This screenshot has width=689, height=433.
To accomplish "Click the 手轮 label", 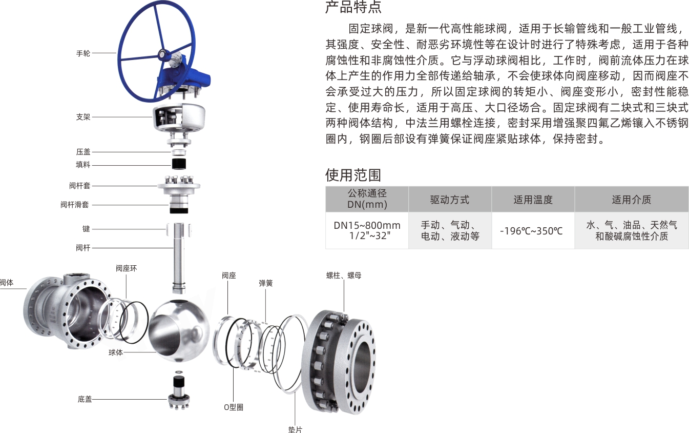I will [x=83, y=53].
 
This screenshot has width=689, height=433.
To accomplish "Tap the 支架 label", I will [x=83, y=117].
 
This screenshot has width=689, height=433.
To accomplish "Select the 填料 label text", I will [x=83, y=165].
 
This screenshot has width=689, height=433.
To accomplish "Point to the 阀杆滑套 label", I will [x=75, y=205].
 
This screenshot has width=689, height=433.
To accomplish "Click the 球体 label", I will [x=116, y=352].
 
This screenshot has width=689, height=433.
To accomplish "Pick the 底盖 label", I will [x=85, y=399].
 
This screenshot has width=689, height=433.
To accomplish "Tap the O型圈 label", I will [x=234, y=407].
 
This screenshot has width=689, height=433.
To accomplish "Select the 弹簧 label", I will [x=265, y=283].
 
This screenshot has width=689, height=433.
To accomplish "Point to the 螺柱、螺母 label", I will [x=344, y=275].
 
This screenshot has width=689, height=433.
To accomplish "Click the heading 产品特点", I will [x=353, y=8].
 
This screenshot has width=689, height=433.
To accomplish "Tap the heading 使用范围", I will [x=353, y=175].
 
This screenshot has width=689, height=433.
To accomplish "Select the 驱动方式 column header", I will [x=450, y=200].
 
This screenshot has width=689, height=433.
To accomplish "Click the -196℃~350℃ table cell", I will [x=533, y=231].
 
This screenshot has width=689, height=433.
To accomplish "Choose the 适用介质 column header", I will [x=632, y=200].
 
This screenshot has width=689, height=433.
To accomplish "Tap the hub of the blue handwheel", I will [x=163, y=53].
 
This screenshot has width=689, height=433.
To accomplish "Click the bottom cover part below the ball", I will [x=180, y=392].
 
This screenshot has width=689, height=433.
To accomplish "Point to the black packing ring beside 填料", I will [x=178, y=164].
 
